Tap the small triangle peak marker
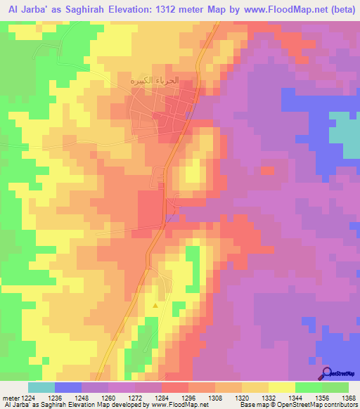(x=155, y=306)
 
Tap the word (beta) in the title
(x=340, y=8)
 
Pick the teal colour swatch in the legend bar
(x=41, y=387)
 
